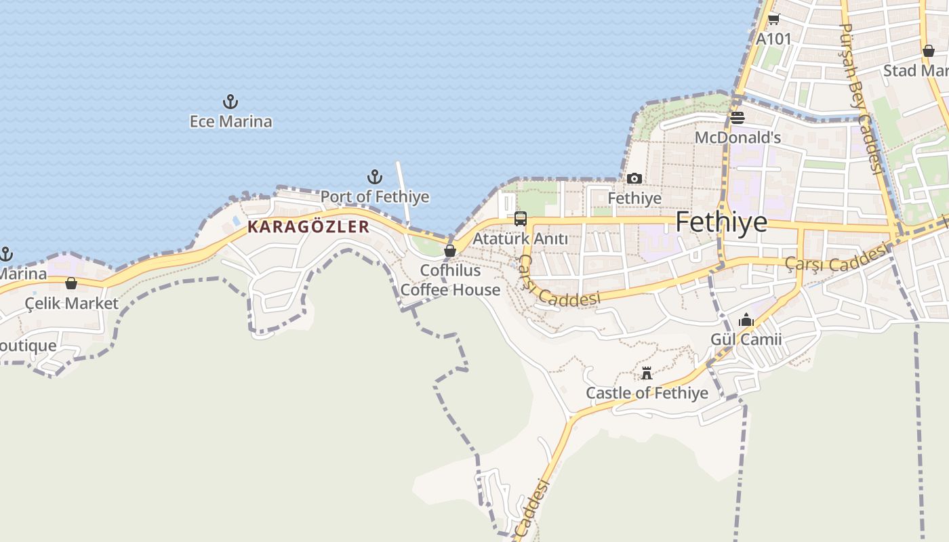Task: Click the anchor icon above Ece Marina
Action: coord(230,102)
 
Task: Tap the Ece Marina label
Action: coord(230,122)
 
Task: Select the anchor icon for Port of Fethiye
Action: coord(375,178)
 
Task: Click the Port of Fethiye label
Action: coord(375,197)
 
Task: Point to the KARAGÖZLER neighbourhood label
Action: coord(308,227)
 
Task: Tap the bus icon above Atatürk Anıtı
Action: coord(520,219)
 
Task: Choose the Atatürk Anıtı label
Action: coord(520,239)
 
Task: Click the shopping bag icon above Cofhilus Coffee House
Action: coord(449,251)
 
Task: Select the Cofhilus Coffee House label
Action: coord(450,280)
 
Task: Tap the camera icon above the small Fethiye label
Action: coord(634,179)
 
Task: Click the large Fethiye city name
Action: coord(721,222)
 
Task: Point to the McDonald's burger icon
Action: coord(738,119)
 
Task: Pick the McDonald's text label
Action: coord(738,138)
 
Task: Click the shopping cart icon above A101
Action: coord(773,20)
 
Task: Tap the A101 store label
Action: coord(773,39)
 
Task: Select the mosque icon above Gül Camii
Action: coord(746,320)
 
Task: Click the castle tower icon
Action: coord(647,373)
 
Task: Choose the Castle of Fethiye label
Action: coord(647,393)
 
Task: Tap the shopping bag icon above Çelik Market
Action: coord(71,283)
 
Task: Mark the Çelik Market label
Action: coord(71,304)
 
